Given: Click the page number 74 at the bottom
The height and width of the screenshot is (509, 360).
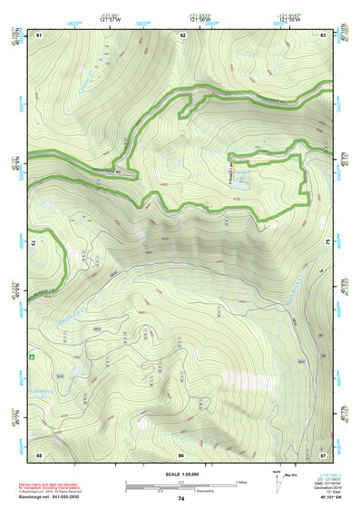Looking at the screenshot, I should pyautogui.click(x=181, y=498).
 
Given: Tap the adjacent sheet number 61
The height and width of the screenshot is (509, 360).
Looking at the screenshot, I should pyautogui.click(x=39, y=34).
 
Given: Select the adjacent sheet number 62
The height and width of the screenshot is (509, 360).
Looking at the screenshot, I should pyautogui.click(x=182, y=34).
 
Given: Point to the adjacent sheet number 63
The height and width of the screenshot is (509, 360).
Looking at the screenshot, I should pyautogui.click(x=324, y=34).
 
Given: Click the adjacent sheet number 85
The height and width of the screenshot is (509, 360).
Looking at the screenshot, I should pyautogui.click(x=39, y=454).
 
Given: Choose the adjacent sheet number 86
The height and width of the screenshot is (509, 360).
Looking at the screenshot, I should pyautogui.click(x=181, y=454).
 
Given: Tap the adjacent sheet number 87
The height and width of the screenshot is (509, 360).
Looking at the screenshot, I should pyautogui.click(x=324, y=454).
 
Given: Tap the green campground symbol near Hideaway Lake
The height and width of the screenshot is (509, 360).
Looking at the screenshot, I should pyautogui.click(x=33, y=357).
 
